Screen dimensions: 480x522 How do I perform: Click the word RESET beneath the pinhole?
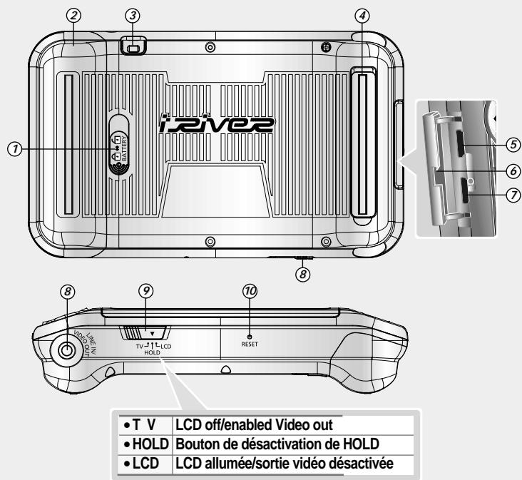point(250,343)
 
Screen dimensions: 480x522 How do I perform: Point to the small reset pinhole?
point(250,335)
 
